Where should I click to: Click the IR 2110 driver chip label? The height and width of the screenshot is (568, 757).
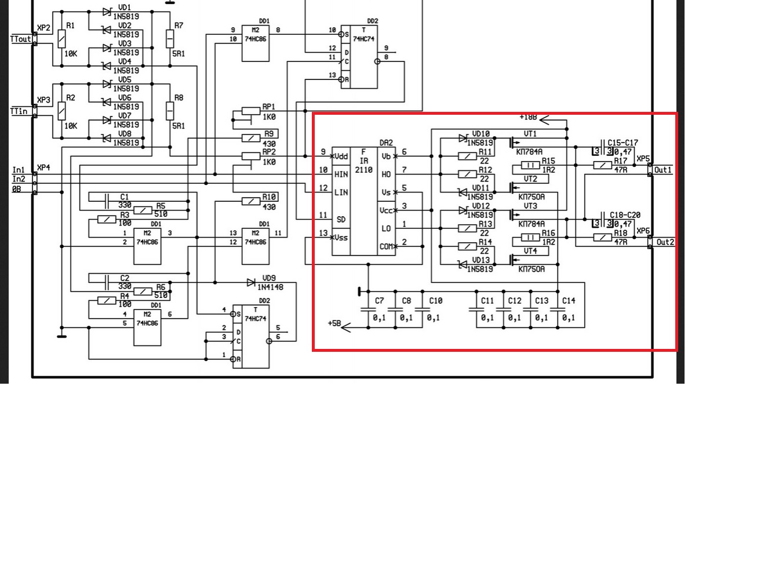tap(364, 161)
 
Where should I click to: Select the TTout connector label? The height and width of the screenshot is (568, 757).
tap(21, 39)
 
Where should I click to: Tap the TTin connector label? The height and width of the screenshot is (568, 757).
tap(19, 111)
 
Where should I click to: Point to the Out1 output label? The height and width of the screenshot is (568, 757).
tap(663, 170)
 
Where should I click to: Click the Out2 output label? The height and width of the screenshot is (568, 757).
tap(665, 242)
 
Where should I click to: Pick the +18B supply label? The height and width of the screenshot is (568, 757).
tap(528, 117)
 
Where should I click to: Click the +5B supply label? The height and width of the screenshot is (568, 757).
tap(334, 323)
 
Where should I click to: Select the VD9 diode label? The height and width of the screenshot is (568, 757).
tap(269, 278)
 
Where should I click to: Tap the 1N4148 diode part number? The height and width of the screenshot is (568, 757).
tap(270, 287)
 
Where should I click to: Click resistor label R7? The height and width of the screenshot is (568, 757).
tap(179, 26)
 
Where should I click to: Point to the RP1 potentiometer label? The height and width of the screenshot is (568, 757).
tap(269, 107)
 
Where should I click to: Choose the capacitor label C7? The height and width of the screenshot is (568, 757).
tap(379, 301)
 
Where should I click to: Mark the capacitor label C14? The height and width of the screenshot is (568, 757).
tap(569, 301)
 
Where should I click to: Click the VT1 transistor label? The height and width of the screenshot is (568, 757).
tap(530, 134)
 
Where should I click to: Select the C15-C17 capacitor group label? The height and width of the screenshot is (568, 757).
tap(623, 143)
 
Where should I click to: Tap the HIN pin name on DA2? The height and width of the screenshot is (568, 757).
tap(341, 174)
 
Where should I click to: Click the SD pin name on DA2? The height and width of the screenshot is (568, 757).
tap(341, 220)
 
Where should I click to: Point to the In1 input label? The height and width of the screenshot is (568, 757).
tap(19, 170)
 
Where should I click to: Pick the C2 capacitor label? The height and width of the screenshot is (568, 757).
tap(125, 278)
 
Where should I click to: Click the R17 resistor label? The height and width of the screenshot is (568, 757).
tap(621, 161)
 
